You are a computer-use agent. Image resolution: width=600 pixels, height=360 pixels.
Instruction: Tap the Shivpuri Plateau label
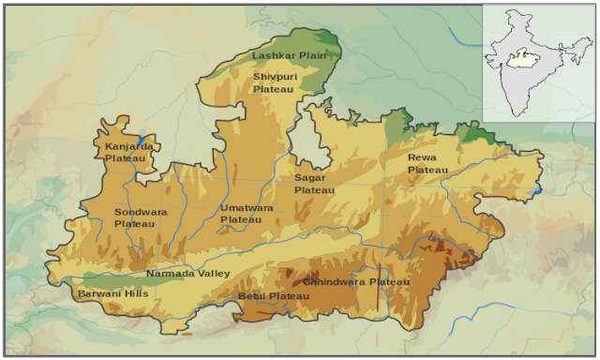[274, 82]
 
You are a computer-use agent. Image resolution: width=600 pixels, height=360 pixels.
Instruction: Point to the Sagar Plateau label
[314, 183]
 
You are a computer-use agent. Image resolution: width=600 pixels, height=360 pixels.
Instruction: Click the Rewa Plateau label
[427, 163]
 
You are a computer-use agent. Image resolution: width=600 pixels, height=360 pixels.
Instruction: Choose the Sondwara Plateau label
[141, 217]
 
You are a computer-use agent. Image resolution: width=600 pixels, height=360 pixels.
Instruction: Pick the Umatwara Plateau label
[247, 213]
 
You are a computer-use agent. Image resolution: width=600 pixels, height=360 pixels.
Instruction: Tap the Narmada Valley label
[187, 274]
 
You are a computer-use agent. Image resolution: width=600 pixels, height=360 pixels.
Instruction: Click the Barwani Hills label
[112, 293]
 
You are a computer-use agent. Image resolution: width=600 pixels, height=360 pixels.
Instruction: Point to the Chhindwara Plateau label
[356, 282]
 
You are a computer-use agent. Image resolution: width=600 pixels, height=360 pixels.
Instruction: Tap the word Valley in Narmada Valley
[213, 274]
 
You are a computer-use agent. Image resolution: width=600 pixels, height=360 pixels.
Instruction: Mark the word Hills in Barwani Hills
[135, 293]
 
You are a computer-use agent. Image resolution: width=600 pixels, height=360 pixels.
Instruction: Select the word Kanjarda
[129, 146]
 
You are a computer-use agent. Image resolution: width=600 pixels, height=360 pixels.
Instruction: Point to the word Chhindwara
[335, 282]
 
